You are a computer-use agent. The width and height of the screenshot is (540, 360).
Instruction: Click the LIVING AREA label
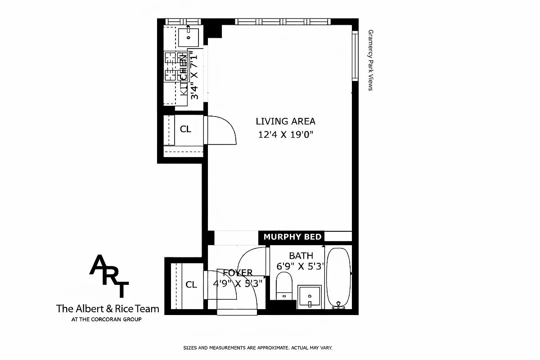point(285,121)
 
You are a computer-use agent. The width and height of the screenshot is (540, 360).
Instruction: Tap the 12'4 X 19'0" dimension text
point(285,135)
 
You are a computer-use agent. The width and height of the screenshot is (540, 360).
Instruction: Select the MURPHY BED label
point(292,237)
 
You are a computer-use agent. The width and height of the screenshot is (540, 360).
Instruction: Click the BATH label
point(301,256)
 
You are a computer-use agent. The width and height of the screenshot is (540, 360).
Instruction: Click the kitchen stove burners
point(171,66)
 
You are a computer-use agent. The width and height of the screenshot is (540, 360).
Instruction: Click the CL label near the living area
point(185,129)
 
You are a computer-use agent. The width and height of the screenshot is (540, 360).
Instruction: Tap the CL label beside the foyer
point(191,284)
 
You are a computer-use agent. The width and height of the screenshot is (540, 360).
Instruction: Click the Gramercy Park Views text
point(371,60)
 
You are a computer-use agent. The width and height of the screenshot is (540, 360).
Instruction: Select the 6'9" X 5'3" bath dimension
point(301,266)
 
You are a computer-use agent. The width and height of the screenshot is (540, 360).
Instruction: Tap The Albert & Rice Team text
point(108,309)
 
